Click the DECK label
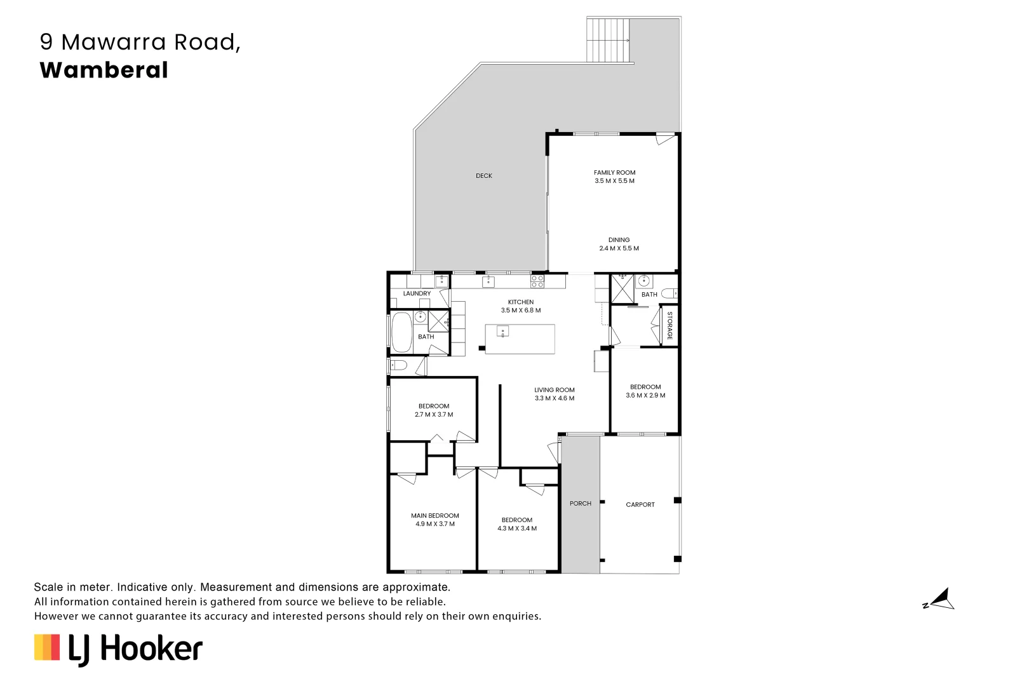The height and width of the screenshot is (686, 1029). pos(484,176)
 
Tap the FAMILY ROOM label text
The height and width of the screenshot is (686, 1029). pos(614,173)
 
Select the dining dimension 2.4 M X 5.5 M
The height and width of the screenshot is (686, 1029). pos(619,248)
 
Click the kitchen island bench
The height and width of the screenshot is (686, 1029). pos(520,339)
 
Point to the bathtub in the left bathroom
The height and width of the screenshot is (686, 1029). pos(401,333)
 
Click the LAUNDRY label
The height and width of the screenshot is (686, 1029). pos(417,293)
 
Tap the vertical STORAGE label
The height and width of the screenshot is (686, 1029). pos(669,325)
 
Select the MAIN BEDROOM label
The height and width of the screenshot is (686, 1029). pos(434,516)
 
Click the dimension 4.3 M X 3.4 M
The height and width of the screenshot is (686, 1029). pos(516,528)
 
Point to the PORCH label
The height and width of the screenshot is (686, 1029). pos(580,504)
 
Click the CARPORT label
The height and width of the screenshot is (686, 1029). pos(640,505)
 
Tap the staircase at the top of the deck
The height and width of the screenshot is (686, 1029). pos(608,39)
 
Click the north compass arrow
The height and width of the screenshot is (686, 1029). pos(941,600)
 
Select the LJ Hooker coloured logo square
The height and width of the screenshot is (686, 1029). pos(47,647)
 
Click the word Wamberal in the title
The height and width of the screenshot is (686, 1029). pos(104,70)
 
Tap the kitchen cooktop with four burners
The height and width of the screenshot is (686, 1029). pos(537,281)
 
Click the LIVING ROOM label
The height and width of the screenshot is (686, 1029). pos(554,390)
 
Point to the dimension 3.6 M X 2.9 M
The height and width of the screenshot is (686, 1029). pos(645,395)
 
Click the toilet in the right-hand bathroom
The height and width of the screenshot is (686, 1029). pos(669,293)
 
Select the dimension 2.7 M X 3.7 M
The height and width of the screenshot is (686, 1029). pos(434,415)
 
